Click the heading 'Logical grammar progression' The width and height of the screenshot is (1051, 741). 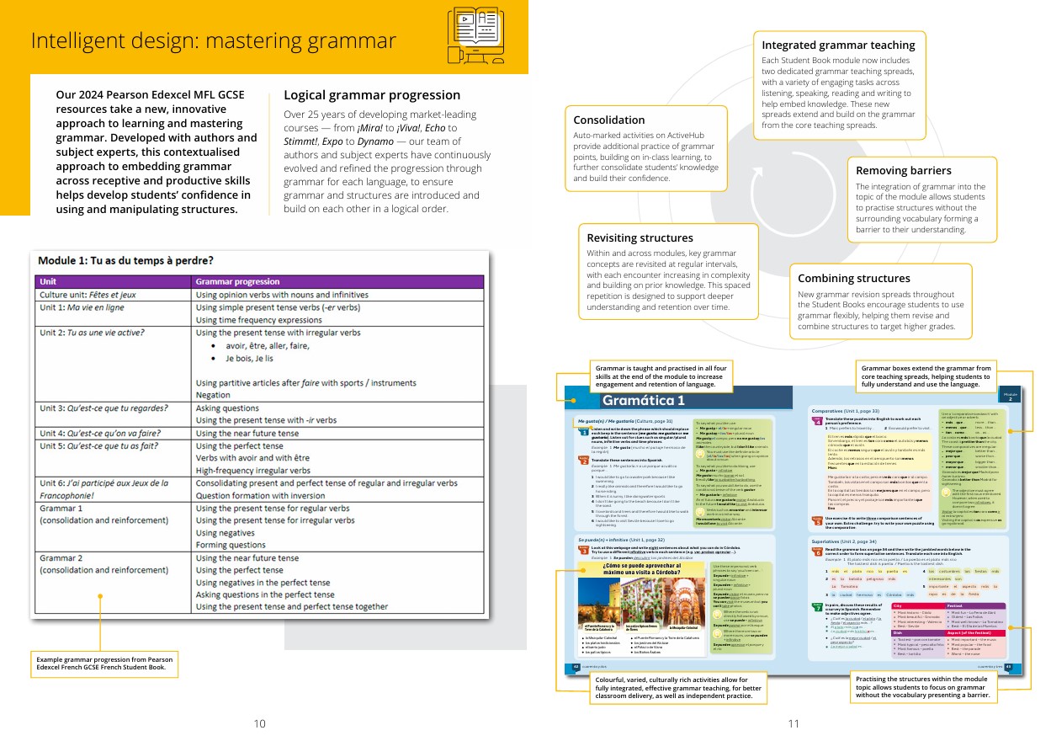[x=372, y=95]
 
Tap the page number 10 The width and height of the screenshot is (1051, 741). [x=260, y=723]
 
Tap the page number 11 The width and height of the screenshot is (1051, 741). [x=794, y=723]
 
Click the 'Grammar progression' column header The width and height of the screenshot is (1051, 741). [x=237, y=282]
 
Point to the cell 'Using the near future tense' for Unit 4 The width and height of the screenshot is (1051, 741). [x=247, y=434]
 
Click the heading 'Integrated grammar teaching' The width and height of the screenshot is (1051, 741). [x=838, y=45]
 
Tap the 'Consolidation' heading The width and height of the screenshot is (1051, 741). [x=609, y=120]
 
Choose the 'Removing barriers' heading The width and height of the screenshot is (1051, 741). [x=904, y=171]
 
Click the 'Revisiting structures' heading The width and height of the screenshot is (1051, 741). [x=640, y=238]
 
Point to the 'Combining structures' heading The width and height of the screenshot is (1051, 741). [x=853, y=279]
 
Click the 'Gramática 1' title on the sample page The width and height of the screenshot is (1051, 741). [x=645, y=401]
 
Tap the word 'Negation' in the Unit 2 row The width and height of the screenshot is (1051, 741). [x=213, y=394]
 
